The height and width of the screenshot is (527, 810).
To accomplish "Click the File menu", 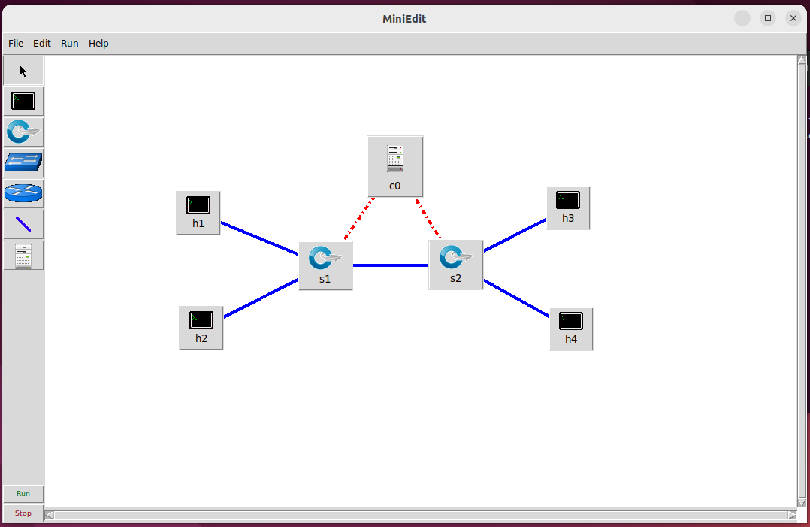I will (16, 44).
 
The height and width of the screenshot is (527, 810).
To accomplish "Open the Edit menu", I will (42, 44).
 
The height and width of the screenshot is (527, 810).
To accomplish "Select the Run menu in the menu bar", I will (70, 44).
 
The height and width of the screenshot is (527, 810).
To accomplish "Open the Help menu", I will (98, 44).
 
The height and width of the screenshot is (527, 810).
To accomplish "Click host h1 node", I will (198, 212).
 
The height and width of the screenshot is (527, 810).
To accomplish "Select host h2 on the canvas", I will (201, 327).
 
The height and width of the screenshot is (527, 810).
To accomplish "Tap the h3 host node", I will (568, 207).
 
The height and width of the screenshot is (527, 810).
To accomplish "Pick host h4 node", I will (571, 328).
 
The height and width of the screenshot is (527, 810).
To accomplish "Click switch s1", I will (325, 265).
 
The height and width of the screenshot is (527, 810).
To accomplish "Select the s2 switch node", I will (455, 264).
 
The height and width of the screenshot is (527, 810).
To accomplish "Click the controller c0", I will (395, 165).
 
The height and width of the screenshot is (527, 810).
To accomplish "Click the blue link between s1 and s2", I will (391, 265).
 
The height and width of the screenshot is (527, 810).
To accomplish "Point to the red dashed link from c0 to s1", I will (359, 219).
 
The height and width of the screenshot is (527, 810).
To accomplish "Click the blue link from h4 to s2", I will (516, 298).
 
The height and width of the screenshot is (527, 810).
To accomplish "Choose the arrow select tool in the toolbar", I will (23, 71).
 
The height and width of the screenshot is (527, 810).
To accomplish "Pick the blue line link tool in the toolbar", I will (23, 224).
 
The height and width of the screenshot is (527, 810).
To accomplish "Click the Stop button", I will (23, 513).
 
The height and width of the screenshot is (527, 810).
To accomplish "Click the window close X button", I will (793, 18).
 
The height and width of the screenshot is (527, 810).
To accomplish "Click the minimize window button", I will (742, 18).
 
